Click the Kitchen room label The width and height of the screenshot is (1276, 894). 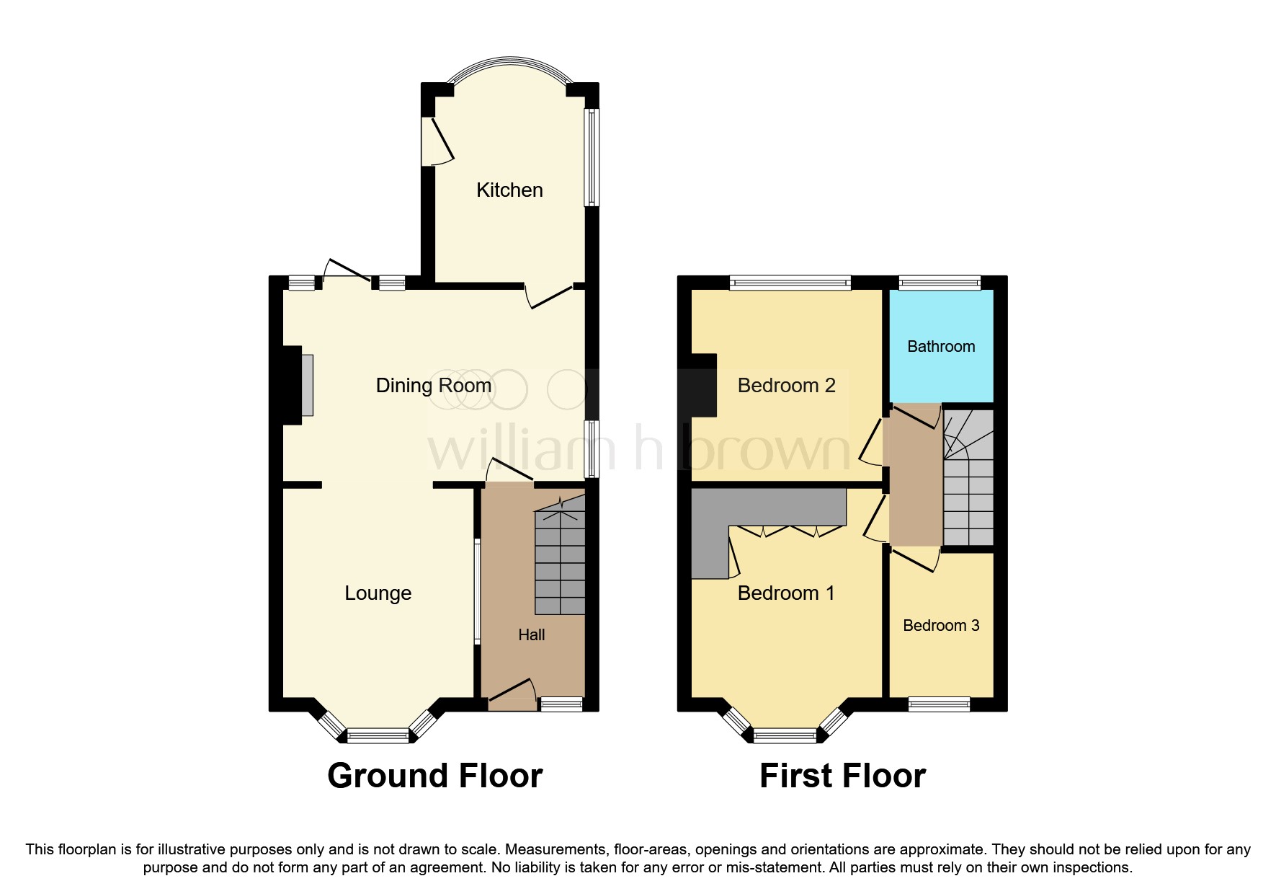pyautogui.click(x=509, y=190)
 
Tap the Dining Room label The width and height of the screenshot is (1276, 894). pyautogui.click(x=434, y=386)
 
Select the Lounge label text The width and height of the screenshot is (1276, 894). pyautogui.click(x=378, y=593)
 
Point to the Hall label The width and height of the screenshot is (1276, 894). pyautogui.click(x=532, y=635)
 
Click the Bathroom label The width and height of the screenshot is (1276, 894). pyautogui.click(x=941, y=347)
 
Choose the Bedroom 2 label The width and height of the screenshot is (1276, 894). pyautogui.click(x=786, y=386)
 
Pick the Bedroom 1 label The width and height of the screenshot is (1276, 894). pyautogui.click(x=786, y=593)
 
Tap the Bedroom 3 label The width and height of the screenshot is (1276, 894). pyautogui.click(x=941, y=626)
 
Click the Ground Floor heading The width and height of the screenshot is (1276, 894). pyautogui.click(x=434, y=776)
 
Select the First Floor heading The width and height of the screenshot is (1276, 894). pyautogui.click(x=842, y=776)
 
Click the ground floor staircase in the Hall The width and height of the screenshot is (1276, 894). pyautogui.click(x=560, y=562)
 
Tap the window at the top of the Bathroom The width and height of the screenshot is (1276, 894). pyautogui.click(x=940, y=283)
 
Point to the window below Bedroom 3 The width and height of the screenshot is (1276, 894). pyautogui.click(x=940, y=704)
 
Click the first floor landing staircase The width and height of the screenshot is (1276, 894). pyautogui.click(x=968, y=479)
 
